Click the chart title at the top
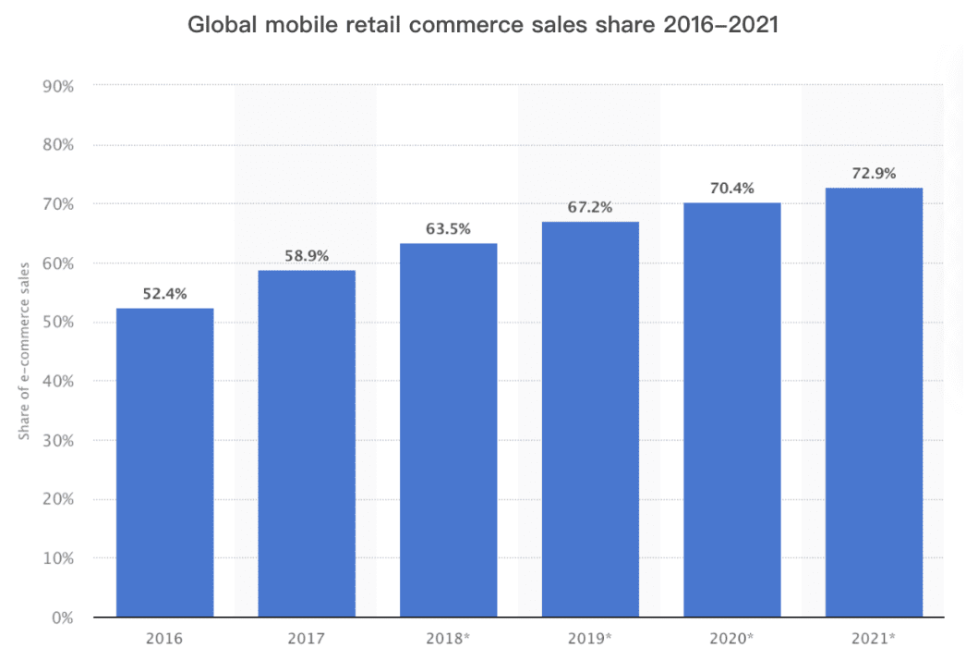483,26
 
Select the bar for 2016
164,462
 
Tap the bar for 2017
307,444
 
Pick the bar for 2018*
449,430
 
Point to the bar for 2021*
874,402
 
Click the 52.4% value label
164,295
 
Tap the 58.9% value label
307,256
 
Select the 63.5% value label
449,229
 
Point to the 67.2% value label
590,207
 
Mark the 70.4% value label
732,189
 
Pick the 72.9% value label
874,174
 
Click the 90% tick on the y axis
58,86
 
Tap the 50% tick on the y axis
58,322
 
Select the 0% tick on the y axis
62,617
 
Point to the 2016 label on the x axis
164,639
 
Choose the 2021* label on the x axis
874,639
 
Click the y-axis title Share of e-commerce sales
24,350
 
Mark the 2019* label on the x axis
590,639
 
